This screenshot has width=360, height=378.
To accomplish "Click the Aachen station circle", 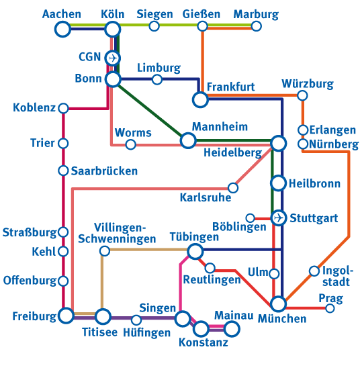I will pos(62,29).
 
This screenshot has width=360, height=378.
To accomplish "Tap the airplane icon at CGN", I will pos(114,58).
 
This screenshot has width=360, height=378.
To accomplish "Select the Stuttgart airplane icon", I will pos(279,218).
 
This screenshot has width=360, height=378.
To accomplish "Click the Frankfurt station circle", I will pos(200,100).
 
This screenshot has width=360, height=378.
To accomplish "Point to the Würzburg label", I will pos(308,84).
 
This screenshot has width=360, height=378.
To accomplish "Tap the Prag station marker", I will pos(330,308).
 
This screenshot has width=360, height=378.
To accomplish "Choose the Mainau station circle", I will pos(232,328).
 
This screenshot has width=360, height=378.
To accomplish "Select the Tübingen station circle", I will pos(195,252).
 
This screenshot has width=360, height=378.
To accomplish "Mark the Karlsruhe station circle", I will pos(233,187).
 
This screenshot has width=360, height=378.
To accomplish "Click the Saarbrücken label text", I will pos(104,171).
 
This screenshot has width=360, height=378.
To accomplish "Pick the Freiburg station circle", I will pos(66,316).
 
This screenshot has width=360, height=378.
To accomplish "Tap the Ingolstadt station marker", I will pos(314,271).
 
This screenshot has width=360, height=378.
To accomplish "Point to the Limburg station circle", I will pos(157,80).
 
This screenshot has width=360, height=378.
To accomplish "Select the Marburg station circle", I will pos(256,26).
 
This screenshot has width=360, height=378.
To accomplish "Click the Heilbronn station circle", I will pos(278,183).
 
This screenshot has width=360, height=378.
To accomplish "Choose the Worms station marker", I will pos(131,144).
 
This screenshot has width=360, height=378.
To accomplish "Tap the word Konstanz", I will pos(204,343).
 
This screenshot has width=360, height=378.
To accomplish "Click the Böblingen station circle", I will pos(250,218).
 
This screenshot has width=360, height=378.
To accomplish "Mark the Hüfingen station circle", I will pos(136,320).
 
